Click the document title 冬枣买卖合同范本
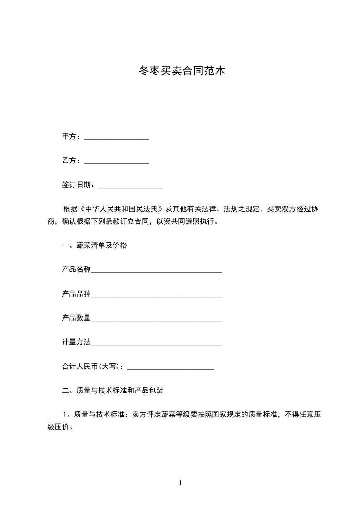(x=181, y=71)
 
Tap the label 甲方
(x=69, y=137)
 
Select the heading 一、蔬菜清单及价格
(x=94, y=246)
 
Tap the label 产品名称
(x=76, y=269)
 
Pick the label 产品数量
(x=76, y=318)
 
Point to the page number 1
(x=180, y=483)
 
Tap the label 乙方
(x=69, y=161)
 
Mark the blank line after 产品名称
(x=156, y=272)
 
